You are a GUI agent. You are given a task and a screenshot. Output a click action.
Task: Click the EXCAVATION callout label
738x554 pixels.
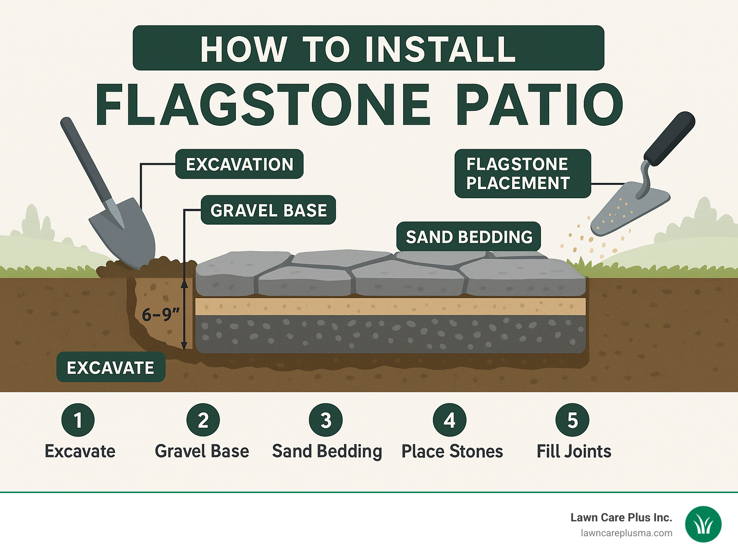click(x=239, y=164)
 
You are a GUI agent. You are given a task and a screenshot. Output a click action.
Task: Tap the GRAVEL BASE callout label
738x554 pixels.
click(x=268, y=210)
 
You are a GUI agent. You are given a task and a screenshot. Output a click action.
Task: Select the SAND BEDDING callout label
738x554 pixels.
click(x=468, y=237)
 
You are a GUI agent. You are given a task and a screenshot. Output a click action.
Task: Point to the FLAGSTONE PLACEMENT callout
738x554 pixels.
click(x=522, y=173)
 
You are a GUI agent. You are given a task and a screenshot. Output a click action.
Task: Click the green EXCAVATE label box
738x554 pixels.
click(x=111, y=367)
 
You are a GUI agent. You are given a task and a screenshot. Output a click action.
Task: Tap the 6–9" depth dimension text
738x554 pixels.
click(x=160, y=314)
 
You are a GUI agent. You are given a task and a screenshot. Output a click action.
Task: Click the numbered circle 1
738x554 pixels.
click(x=78, y=420)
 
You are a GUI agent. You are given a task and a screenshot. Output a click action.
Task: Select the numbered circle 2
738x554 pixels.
click(x=203, y=420)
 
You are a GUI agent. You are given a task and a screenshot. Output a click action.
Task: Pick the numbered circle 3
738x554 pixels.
click(x=326, y=420)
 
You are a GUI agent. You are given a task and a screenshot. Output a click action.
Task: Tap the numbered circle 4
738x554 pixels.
click(x=449, y=420)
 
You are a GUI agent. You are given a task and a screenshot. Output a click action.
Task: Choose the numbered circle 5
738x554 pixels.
click(x=572, y=420)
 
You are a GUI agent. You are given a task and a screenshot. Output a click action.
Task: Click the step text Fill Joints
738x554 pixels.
click(x=574, y=451)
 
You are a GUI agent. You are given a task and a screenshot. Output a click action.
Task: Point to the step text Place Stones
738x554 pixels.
click(x=452, y=451)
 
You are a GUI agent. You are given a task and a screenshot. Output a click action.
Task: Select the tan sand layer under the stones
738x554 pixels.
click(x=390, y=306)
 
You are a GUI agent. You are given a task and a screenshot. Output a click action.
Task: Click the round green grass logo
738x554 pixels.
click(x=703, y=524)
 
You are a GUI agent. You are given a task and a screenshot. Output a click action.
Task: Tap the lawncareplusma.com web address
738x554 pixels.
click(x=627, y=533)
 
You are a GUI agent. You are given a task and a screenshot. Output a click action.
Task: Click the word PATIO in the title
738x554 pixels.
click(x=539, y=105)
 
